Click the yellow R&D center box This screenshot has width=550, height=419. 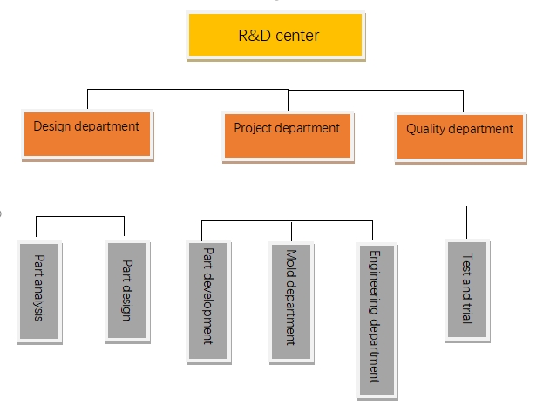[275, 36]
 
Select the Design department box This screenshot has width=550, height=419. [87, 135]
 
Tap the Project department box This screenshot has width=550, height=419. [288, 137]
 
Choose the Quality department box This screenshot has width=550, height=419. [460, 138]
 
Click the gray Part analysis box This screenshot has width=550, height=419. [39, 292]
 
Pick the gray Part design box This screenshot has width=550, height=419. [127, 291]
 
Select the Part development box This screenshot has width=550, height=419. [208, 301]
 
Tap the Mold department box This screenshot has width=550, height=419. [291, 302]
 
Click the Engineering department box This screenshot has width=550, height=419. [377, 321]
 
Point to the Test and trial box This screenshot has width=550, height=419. [467, 290]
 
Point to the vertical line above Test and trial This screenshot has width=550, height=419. [466, 222]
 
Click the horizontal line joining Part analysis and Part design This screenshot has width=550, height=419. [80, 217]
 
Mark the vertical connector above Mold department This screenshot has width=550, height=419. [291, 232]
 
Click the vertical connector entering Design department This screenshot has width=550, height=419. [87, 99]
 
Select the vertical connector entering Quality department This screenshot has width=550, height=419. [463, 101]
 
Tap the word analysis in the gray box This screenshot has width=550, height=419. [38, 301]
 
